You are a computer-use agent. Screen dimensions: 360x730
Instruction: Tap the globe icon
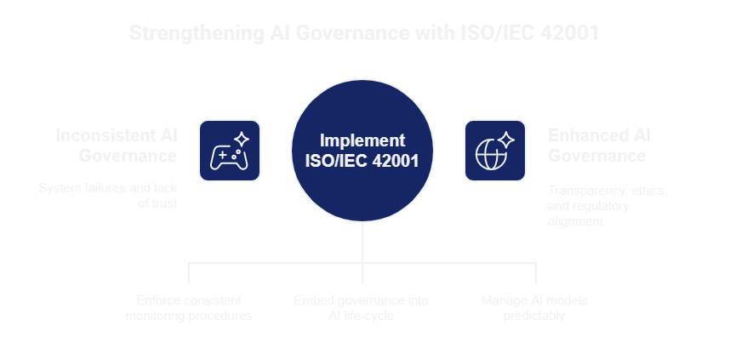click(494, 151)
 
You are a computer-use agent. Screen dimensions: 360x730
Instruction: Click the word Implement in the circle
click(362, 140)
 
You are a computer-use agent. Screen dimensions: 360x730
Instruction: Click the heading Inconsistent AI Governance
click(116, 146)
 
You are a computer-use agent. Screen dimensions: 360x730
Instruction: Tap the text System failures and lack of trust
click(107, 196)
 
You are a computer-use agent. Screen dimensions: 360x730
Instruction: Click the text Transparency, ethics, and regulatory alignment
click(607, 206)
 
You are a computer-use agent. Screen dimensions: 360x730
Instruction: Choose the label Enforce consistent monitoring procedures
click(189, 308)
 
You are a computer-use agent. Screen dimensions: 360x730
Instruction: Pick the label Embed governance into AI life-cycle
click(362, 308)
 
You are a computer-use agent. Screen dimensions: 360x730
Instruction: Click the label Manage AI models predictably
click(534, 308)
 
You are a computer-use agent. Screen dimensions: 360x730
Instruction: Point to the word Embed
click(311, 300)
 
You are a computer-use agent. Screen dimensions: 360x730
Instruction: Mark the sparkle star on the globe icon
click(506, 139)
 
